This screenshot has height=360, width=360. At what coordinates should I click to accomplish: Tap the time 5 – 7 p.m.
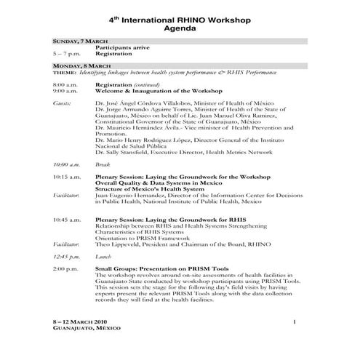pos(65,54)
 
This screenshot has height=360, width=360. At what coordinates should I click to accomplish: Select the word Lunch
pos(103,257)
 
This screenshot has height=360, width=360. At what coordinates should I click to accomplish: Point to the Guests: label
pos(63,103)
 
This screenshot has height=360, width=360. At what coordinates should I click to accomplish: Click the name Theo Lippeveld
pos(120,244)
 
